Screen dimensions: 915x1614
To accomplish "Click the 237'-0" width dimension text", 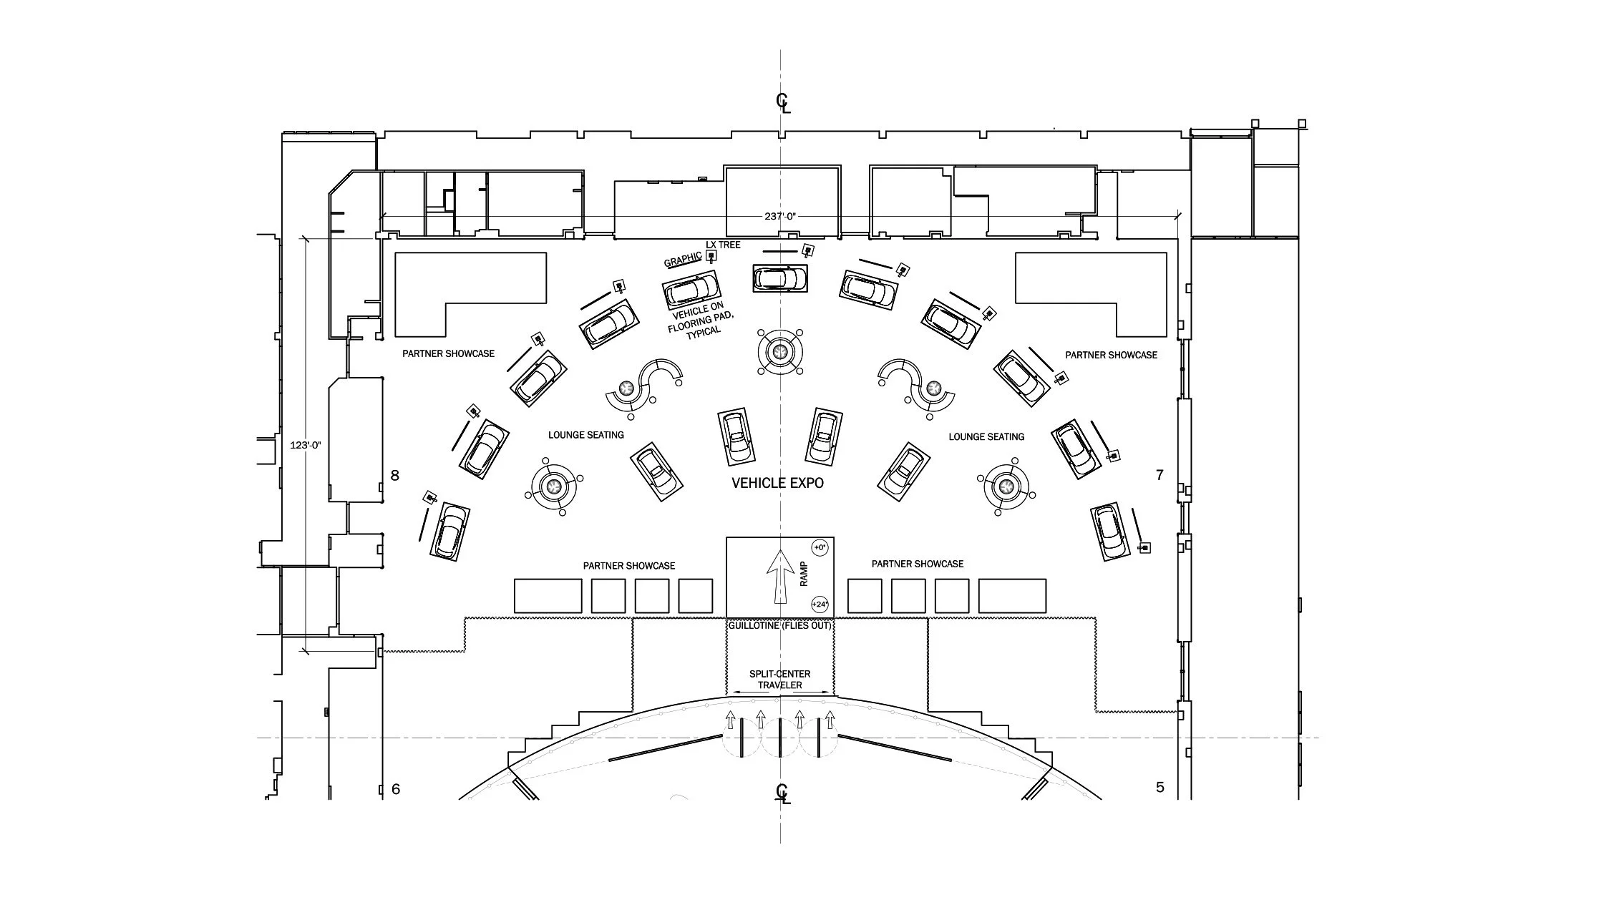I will point(779,216).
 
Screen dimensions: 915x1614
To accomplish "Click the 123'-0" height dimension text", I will point(305,445).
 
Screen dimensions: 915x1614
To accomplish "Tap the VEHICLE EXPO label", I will point(777,483).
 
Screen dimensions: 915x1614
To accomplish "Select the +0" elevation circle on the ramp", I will point(820,548).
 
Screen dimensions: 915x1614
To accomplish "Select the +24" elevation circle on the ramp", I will point(820,605).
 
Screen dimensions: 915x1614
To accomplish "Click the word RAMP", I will point(804,574).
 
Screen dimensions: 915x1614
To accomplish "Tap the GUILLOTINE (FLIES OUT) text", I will point(779,625).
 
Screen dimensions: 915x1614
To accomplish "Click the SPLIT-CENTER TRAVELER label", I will point(779,679).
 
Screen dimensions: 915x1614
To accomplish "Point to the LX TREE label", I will point(723,245).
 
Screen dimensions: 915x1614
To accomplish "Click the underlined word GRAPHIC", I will point(682,260).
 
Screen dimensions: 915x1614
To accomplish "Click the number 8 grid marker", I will point(394,476).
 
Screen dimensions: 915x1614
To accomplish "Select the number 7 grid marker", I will point(1160,475).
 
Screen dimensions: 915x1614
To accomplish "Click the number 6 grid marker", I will point(396,790).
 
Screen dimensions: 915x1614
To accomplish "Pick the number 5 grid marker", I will point(1160,787).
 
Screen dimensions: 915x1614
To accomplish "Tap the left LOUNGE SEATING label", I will point(585,435).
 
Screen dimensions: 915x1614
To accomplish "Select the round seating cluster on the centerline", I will point(779,351).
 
